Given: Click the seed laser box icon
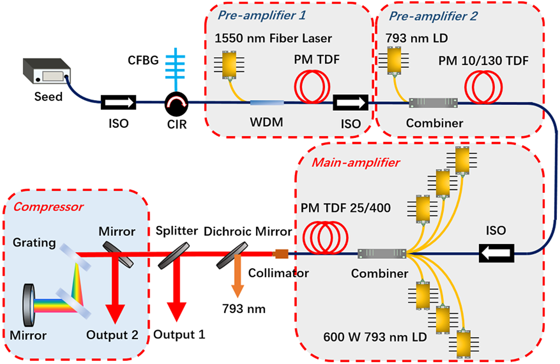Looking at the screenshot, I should (46, 71).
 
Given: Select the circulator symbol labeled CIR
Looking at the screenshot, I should (176, 104).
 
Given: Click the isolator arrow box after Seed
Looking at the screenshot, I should (119, 103).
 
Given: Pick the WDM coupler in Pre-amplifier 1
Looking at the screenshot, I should (267, 103).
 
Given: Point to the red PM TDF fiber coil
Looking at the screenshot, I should (312, 86).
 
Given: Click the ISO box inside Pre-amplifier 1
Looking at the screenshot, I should (350, 103).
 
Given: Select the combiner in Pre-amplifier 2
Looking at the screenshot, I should (433, 103).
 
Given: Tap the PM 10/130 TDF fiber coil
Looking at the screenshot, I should (483, 86).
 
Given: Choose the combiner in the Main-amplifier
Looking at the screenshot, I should (382, 254).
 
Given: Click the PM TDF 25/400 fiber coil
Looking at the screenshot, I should (325, 238).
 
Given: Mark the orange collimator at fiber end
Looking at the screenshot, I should (281, 254).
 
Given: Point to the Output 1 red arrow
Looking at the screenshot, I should (176, 297).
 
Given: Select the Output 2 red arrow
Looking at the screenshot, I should (115, 297).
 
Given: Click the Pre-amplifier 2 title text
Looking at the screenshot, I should (433, 16).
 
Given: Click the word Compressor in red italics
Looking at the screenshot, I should (49, 207).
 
